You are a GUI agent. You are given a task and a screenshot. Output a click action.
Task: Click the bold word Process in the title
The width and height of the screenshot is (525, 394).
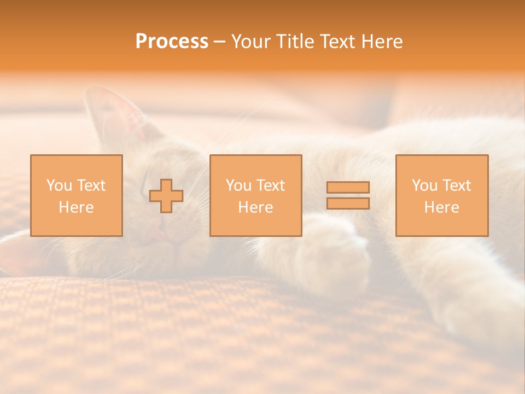tap(172, 42)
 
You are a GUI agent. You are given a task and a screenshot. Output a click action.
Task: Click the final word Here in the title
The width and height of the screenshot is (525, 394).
tap(381, 42)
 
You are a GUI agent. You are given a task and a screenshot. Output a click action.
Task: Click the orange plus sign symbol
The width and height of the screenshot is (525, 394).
tap(166, 196)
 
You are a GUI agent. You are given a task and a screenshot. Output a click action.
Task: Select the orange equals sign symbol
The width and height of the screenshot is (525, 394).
tap(348, 195)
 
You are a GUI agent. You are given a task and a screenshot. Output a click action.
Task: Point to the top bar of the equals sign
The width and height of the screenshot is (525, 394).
tap(348, 187)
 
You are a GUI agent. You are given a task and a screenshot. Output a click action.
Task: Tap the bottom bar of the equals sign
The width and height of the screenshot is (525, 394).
tap(348, 204)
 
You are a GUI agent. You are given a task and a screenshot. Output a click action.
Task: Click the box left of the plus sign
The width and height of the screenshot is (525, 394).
tap(76, 195)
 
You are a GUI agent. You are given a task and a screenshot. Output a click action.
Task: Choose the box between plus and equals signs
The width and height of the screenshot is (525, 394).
tap(255, 195)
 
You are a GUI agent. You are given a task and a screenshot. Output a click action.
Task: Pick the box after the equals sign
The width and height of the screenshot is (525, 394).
tap(442, 195)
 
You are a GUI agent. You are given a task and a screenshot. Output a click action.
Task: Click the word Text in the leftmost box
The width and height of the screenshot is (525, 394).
tap(91, 186)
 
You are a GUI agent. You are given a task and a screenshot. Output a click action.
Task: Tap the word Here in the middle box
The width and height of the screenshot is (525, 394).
tap(255, 207)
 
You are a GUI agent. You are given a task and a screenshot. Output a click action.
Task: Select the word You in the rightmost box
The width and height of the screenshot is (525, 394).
tap(424, 186)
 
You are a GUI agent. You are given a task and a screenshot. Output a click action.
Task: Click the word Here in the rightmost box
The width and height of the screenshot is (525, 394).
tap(442, 207)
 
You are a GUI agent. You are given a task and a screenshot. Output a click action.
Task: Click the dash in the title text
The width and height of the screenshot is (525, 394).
tap(219, 42)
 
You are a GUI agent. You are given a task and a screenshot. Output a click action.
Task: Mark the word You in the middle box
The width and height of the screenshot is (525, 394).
tap(238, 186)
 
